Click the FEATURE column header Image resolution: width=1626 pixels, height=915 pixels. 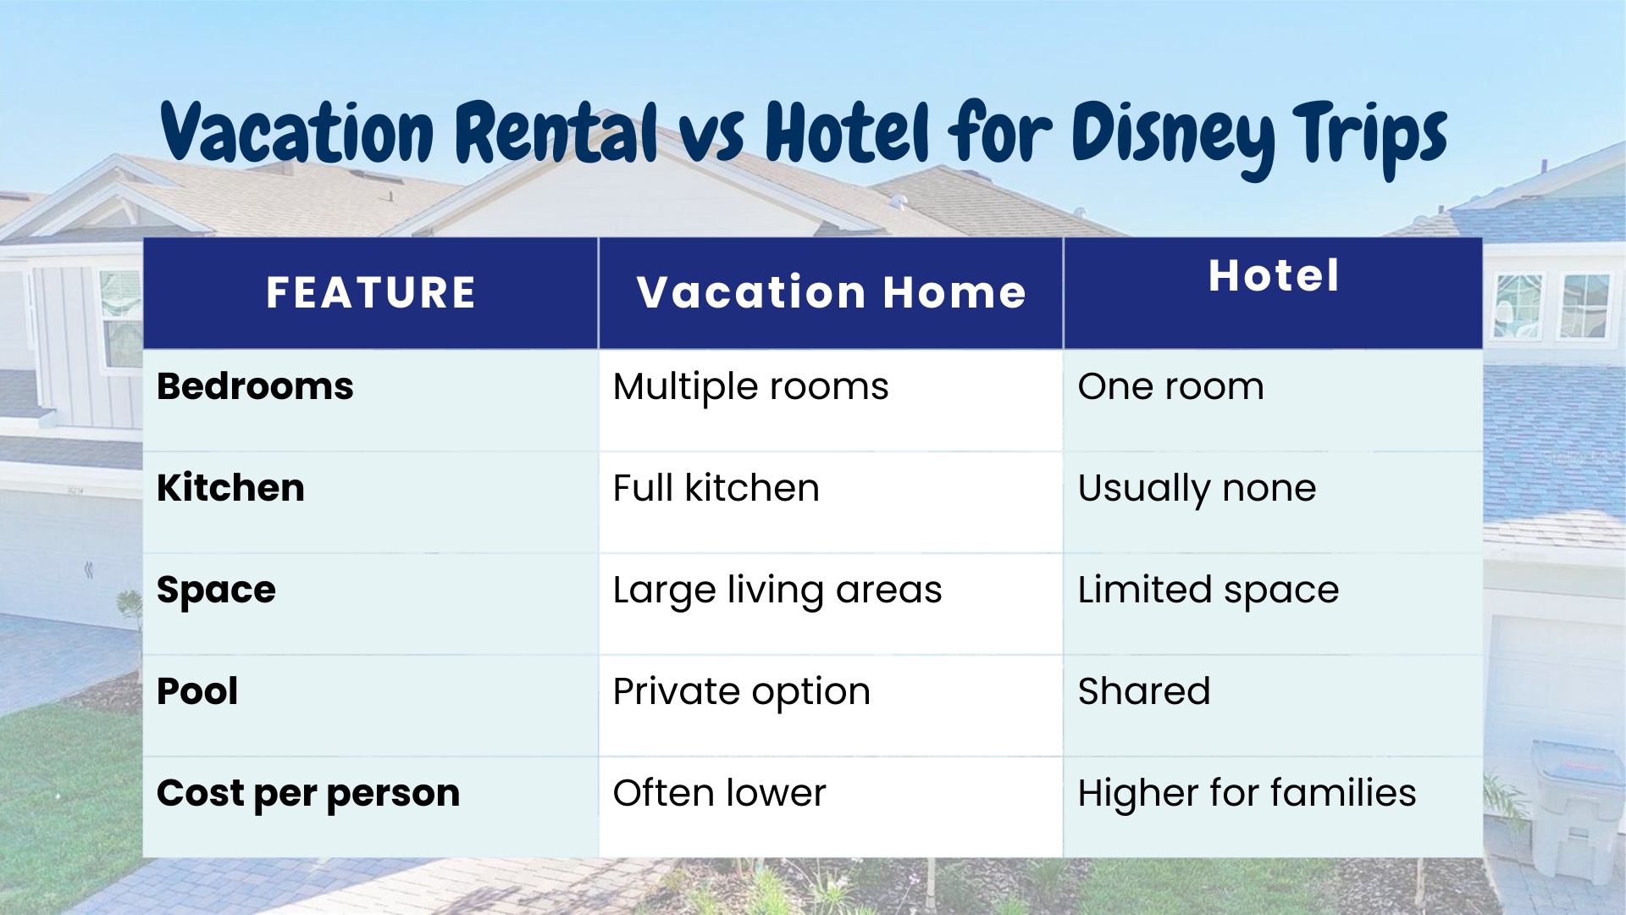[x=371, y=293]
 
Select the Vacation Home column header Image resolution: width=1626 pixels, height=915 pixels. [x=831, y=293]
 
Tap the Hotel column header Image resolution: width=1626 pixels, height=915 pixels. [x=1274, y=276]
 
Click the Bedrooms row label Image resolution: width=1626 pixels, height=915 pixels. [x=255, y=387]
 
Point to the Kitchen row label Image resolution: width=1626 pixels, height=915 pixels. [x=230, y=489]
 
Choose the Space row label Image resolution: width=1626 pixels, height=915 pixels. [x=216, y=591]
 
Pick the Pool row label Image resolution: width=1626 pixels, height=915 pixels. [x=197, y=692]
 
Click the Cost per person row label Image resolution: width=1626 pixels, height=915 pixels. [x=308, y=794]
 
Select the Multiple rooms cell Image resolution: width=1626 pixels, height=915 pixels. [x=750, y=387]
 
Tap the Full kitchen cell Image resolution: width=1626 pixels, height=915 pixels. [x=716, y=489]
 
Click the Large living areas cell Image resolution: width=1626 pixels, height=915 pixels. [x=777, y=591]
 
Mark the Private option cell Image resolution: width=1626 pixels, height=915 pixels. [x=741, y=692]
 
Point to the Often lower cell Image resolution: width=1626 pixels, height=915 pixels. [x=719, y=794]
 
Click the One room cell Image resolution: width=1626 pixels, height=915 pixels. [x=1170, y=387]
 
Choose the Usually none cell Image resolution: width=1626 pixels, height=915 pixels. [x=1197, y=489]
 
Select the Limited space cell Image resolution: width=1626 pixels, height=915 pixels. [x=1208, y=591]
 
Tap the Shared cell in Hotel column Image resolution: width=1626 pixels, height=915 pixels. [x=1143, y=692]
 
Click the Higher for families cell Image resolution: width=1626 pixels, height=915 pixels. [x=1247, y=794]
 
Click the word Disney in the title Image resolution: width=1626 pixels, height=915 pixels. [x=1173, y=136]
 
